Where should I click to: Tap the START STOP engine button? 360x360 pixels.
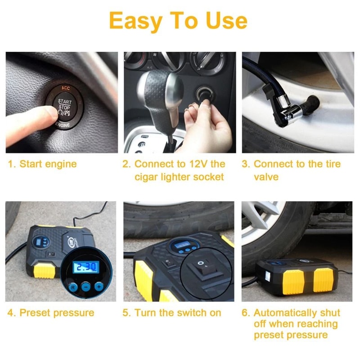coord(64,109)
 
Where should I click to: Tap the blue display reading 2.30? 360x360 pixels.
coord(86,267)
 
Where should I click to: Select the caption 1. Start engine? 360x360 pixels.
coord(42,164)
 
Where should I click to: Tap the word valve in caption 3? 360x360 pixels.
coord(266,177)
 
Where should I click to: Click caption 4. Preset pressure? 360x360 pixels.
coord(51,313)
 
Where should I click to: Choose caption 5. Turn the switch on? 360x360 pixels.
coord(171,313)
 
